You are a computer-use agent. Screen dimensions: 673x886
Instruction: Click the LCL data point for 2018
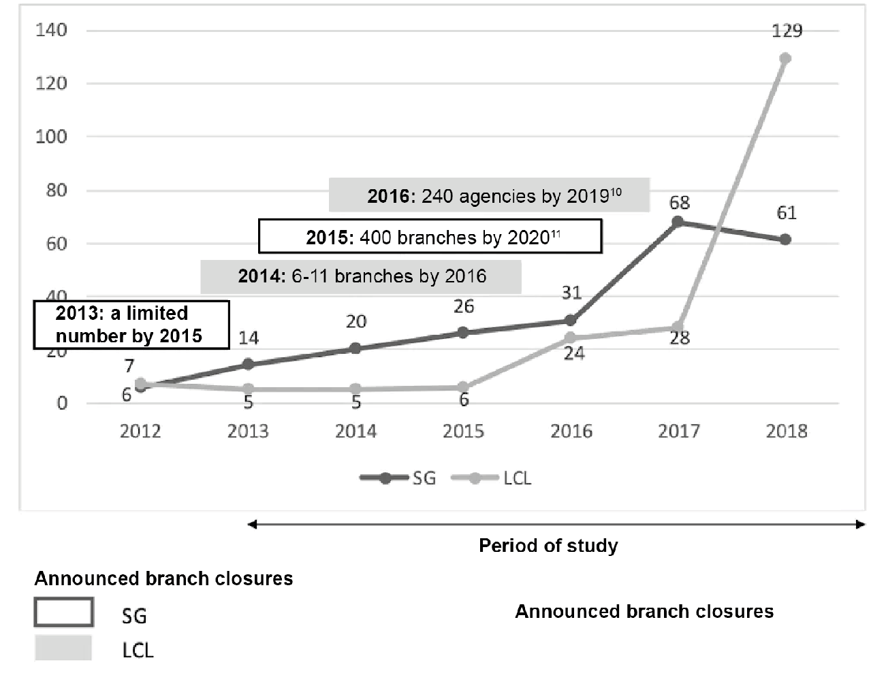tap(785, 59)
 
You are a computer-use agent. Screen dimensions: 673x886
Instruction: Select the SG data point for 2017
tap(678, 222)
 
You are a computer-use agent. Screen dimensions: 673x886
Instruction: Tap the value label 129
tap(787, 31)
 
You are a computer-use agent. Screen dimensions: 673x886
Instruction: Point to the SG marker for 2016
tap(571, 321)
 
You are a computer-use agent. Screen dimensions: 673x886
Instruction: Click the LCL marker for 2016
tap(571, 338)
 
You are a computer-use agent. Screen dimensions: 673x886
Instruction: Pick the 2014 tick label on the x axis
tap(355, 431)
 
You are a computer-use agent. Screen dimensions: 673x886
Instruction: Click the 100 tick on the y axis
tap(51, 137)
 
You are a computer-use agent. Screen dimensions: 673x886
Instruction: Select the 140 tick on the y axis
tap(51, 30)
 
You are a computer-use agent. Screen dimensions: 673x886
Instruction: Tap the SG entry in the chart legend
tap(398, 478)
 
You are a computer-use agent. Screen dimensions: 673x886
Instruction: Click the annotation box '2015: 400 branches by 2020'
tap(430, 237)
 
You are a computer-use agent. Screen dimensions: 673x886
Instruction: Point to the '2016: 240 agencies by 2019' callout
tap(489, 196)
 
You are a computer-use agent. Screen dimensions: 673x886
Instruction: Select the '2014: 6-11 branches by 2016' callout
tap(361, 276)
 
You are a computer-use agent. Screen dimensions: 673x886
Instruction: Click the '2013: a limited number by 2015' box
tap(131, 325)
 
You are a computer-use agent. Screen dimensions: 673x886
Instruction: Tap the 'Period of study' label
tap(548, 546)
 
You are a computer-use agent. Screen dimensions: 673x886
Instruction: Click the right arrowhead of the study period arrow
tap(861, 525)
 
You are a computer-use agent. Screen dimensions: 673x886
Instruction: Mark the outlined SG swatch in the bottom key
tap(63, 612)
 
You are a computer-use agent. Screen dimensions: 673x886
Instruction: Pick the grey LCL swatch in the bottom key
tap(63, 649)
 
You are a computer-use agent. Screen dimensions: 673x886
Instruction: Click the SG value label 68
tap(679, 203)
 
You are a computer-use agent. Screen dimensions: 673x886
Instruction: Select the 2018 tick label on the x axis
tap(787, 431)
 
